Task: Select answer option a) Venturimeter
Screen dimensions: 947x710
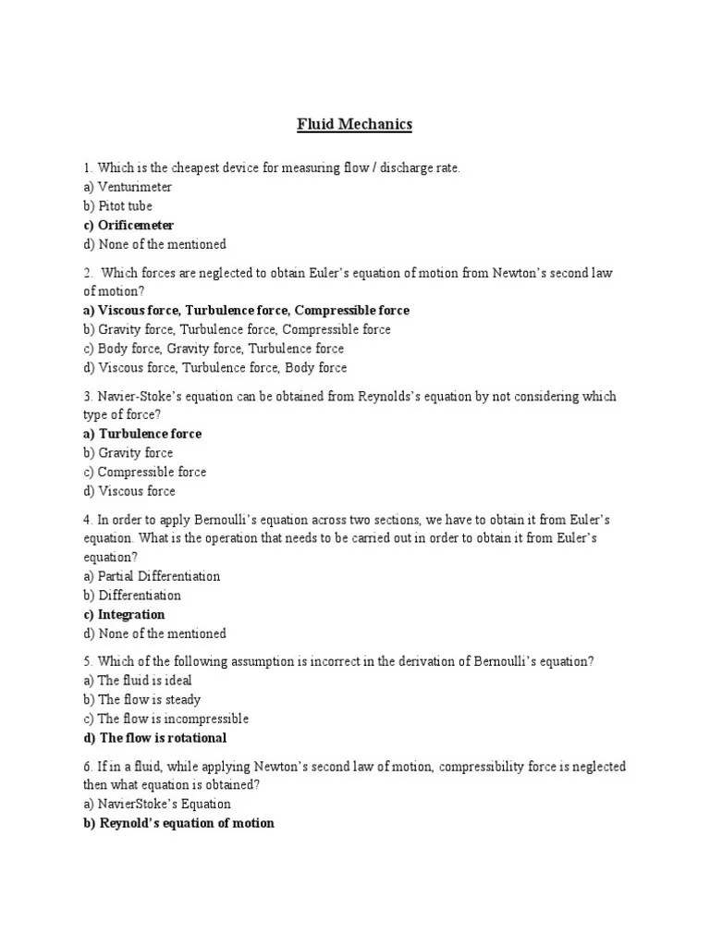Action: (x=127, y=187)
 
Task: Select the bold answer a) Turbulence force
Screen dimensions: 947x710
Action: (x=141, y=434)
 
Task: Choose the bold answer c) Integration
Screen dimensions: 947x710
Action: (x=124, y=614)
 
